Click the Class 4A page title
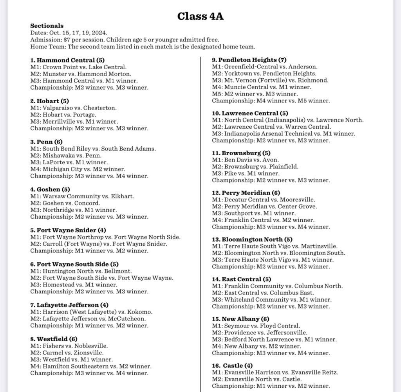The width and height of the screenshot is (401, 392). click(x=200, y=16)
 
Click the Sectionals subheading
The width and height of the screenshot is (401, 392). click(x=47, y=26)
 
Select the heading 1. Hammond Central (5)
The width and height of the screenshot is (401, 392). click(x=67, y=60)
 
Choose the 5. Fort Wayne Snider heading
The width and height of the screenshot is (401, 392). click(x=68, y=230)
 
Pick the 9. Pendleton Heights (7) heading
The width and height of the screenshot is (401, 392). click(x=249, y=60)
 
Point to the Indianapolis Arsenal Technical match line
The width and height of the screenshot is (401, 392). click(x=284, y=134)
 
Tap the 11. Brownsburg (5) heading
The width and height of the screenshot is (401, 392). click(x=241, y=153)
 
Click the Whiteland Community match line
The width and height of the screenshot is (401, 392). click(x=272, y=300)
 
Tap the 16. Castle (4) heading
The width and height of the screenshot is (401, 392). click(x=232, y=366)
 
